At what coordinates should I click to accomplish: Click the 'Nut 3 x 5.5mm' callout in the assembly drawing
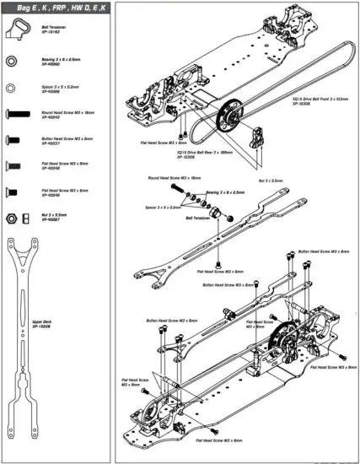coord(270,181)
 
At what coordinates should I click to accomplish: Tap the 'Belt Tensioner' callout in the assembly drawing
coord(197,216)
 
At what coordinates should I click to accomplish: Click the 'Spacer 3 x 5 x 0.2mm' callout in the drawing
coord(164,206)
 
